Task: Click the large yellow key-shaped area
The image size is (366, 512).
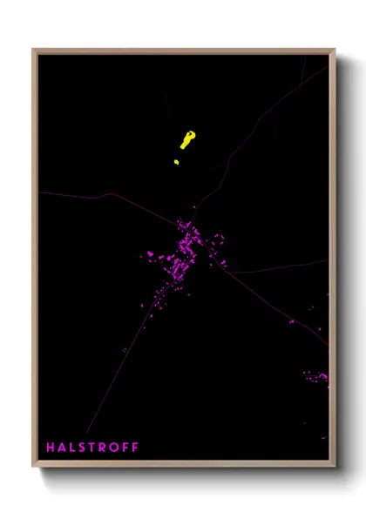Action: coord(187,139)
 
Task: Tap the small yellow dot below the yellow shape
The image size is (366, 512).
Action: coord(176,161)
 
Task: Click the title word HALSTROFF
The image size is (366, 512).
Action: coord(92,448)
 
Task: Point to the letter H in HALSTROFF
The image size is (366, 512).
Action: coord(51,448)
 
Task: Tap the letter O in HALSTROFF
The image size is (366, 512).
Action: coord(113,448)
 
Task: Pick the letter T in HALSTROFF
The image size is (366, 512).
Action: coord(92,448)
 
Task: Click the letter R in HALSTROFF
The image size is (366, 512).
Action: coord(103,448)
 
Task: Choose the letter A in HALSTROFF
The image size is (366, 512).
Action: coord(61,448)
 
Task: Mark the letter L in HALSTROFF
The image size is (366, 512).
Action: coord(72,448)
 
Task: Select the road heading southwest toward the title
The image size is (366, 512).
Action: coord(131,340)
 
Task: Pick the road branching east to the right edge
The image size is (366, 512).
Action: coord(288,266)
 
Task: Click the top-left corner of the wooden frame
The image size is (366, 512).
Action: coord(34,50)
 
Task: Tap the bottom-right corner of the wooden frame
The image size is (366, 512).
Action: coord(334,465)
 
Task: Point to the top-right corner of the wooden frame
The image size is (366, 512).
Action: coord(334,50)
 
